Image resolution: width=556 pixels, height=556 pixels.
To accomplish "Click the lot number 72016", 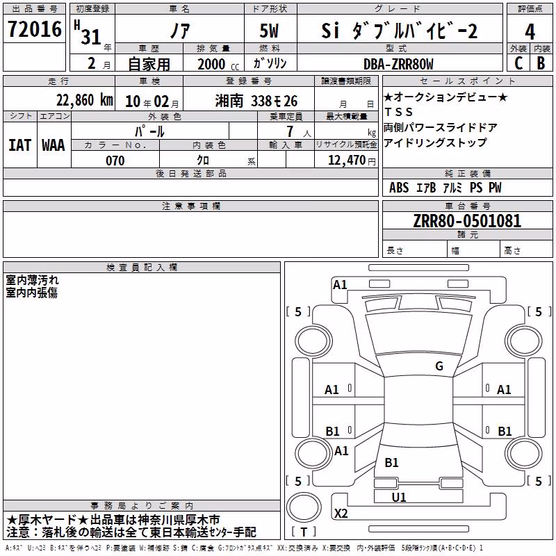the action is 34,29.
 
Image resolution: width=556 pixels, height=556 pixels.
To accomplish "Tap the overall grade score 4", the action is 530,31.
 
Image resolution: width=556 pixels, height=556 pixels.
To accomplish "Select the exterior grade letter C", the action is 518,63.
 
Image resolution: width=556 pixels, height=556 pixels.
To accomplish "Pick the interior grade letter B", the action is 541,63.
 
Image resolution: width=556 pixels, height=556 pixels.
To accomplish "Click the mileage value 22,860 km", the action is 85,100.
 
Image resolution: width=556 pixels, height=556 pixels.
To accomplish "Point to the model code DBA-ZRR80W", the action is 398,64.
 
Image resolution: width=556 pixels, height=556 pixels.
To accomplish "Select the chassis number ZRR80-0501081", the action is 467,221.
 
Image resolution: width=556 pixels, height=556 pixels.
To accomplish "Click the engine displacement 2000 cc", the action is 218,64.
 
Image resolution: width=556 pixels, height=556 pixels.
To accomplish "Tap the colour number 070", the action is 115,161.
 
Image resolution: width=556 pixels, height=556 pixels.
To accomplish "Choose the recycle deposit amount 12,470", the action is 347,161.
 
